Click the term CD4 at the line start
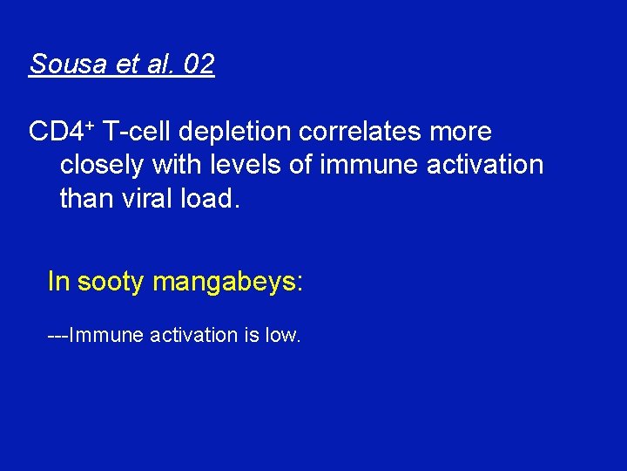[55, 133]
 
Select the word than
[85, 198]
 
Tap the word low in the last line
[283, 335]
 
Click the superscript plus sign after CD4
[89, 125]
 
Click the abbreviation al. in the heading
[158, 65]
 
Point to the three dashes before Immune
[57, 335]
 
